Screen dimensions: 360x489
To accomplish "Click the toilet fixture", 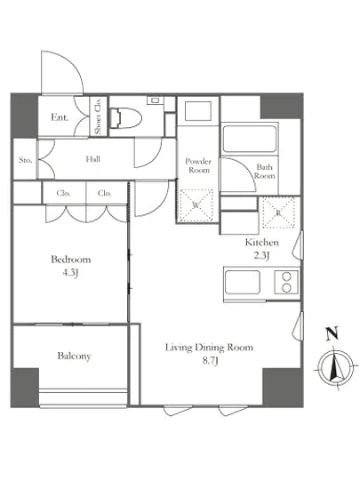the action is pyautogui.click(x=126, y=118).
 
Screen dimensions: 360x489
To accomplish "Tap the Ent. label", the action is pyautogui.click(x=60, y=117).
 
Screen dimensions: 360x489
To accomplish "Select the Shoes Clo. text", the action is pyautogui.click(x=98, y=116).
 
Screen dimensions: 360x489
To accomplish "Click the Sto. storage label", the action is pyautogui.click(x=26, y=160).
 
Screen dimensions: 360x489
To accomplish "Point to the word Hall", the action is pyautogui.click(x=92, y=159).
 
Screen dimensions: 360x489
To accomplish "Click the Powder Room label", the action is pyautogui.click(x=198, y=165).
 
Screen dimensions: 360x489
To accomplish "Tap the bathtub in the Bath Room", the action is pyautogui.click(x=250, y=139).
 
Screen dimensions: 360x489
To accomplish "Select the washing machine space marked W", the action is pyautogui.click(x=196, y=205).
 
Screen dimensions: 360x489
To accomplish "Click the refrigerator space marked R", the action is pyautogui.click(x=278, y=212).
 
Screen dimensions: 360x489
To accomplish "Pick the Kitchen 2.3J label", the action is pyautogui.click(x=262, y=249).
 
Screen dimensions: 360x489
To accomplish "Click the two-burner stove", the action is pyautogui.click(x=286, y=282).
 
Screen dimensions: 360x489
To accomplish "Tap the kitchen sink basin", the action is pyautogui.click(x=243, y=282).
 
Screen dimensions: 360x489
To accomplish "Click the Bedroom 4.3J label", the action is pyautogui.click(x=71, y=266).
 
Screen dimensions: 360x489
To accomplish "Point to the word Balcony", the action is pyautogui.click(x=74, y=356).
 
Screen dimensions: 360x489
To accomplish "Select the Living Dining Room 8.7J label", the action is pyautogui.click(x=209, y=354).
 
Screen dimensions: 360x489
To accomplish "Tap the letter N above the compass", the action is pyautogui.click(x=332, y=333).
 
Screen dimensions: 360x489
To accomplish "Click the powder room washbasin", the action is pyautogui.click(x=198, y=111).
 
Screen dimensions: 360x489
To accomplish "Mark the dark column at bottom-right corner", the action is pyautogui.click(x=283, y=388).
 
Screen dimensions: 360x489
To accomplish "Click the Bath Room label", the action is pyautogui.click(x=265, y=172).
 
